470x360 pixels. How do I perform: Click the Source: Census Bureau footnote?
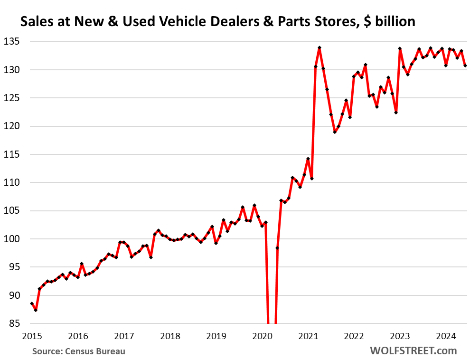pos(79,351)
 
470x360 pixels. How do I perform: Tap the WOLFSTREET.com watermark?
pos(413,351)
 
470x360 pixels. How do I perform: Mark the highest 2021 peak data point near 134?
pos(320,47)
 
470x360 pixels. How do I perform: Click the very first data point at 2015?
pos(32,303)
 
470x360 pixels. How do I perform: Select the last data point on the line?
pos(465,66)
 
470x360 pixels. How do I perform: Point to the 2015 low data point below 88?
pos(36,310)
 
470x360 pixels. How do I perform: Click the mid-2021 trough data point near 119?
pos(335,132)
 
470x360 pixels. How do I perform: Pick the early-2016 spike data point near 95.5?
pos(82,264)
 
